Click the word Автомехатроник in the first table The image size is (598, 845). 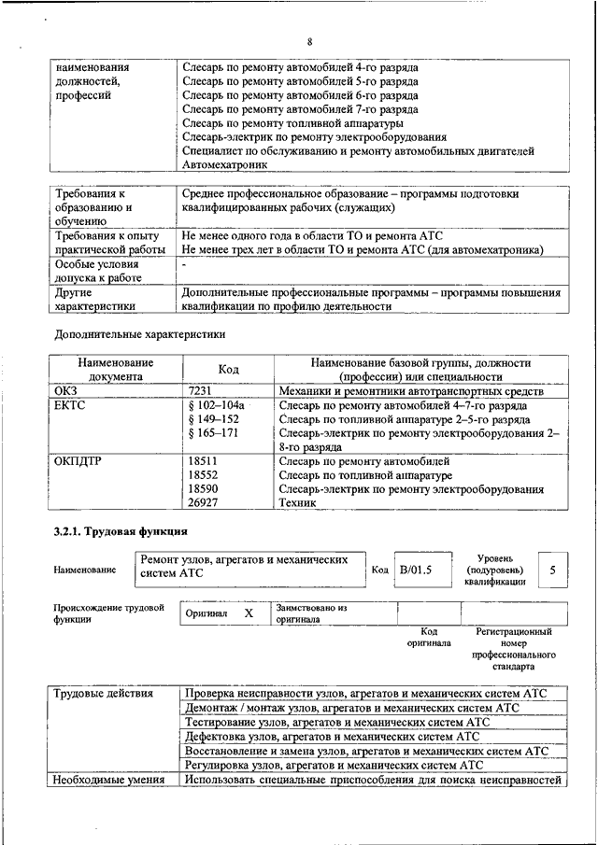224,163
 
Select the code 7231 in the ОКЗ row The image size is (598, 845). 201,391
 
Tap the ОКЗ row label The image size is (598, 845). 65,391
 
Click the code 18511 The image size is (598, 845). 203,461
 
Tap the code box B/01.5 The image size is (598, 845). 417,569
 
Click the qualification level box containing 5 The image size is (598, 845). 553,569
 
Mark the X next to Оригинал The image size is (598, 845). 249,613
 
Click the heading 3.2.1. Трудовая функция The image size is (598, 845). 110,532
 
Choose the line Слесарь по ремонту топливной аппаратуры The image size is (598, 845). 292,122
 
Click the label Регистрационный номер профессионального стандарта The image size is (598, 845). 514,649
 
